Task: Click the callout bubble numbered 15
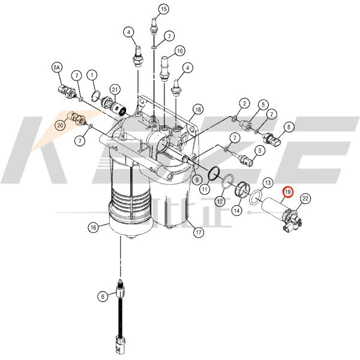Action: pyautogui.click(x=163, y=8)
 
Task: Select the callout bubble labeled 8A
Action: pyautogui.click(x=57, y=69)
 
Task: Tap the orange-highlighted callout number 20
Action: pyautogui.click(x=60, y=125)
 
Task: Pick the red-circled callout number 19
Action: pyautogui.click(x=288, y=193)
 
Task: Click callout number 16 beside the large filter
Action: pyautogui.click(x=93, y=227)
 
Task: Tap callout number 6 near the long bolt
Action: pyautogui.click(x=103, y=295)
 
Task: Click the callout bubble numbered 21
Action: pyautogui.click(x=114, y=89)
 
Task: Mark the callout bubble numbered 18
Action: pyautogui.click(x=197, y=109)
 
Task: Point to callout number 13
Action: pyautogui.click(x=268, y=182)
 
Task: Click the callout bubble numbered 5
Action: pyautogui.click(x=262, y=105)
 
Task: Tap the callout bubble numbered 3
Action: pyautogui.click(x=260, y=149)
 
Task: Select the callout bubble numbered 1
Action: pyautogui.click(x=92, y=75)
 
